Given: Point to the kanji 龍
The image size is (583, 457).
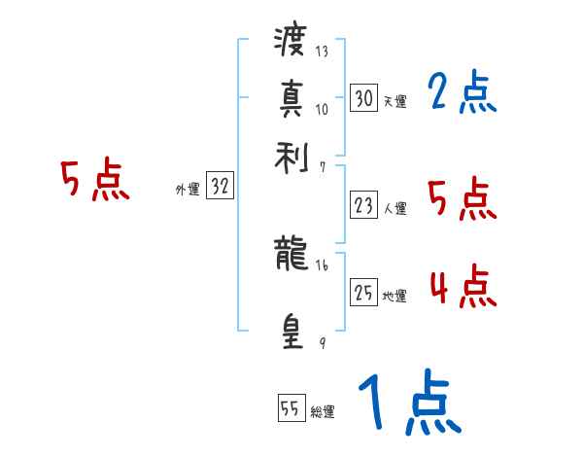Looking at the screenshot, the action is point(291,256).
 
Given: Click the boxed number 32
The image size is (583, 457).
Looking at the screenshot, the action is point(220,188).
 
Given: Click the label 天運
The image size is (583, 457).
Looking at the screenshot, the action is point(395,101).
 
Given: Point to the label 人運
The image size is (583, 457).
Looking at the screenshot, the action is point(395,208).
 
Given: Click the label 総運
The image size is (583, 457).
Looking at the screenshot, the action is point(323,412).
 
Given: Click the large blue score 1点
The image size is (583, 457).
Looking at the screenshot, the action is point(408,404).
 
